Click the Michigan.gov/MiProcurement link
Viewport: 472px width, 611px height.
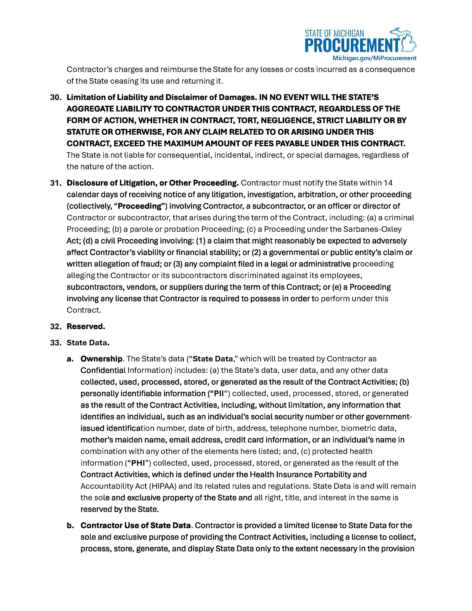tap(374, 58)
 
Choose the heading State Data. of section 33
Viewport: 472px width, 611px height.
tap(88, 343)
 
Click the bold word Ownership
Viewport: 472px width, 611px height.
tap(101, 359)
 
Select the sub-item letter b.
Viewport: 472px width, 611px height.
tap(70, 526)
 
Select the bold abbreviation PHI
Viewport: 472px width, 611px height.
tap(138, 463)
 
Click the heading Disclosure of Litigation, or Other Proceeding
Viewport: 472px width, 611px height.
tap(152, 183)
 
